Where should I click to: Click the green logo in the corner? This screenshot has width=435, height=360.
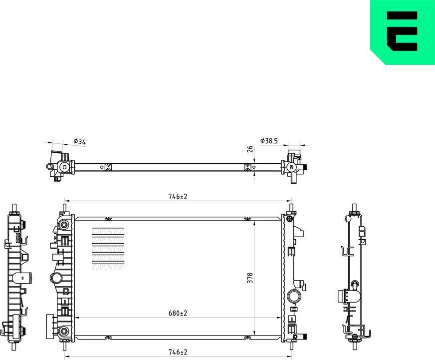point(403,32)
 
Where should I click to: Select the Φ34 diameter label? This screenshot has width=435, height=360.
point(80,142)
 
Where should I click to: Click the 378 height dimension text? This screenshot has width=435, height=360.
point(250,278)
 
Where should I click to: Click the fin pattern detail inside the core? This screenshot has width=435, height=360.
point(108,249)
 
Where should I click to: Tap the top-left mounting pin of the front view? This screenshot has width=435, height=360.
point(64,208)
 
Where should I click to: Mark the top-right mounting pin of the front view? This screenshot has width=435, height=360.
point(290,208)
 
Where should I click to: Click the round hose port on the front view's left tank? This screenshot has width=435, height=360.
point(55,278)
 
